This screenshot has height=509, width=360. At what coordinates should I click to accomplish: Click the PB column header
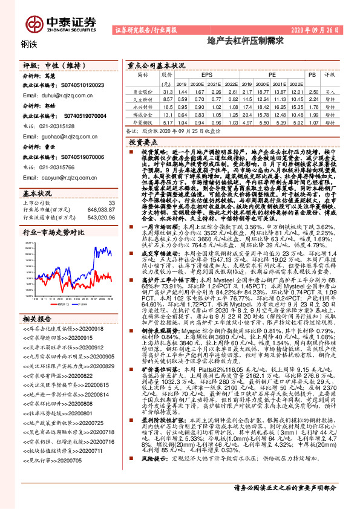pos(312,75)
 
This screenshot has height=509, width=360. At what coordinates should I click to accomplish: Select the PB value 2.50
pos(312,91)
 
